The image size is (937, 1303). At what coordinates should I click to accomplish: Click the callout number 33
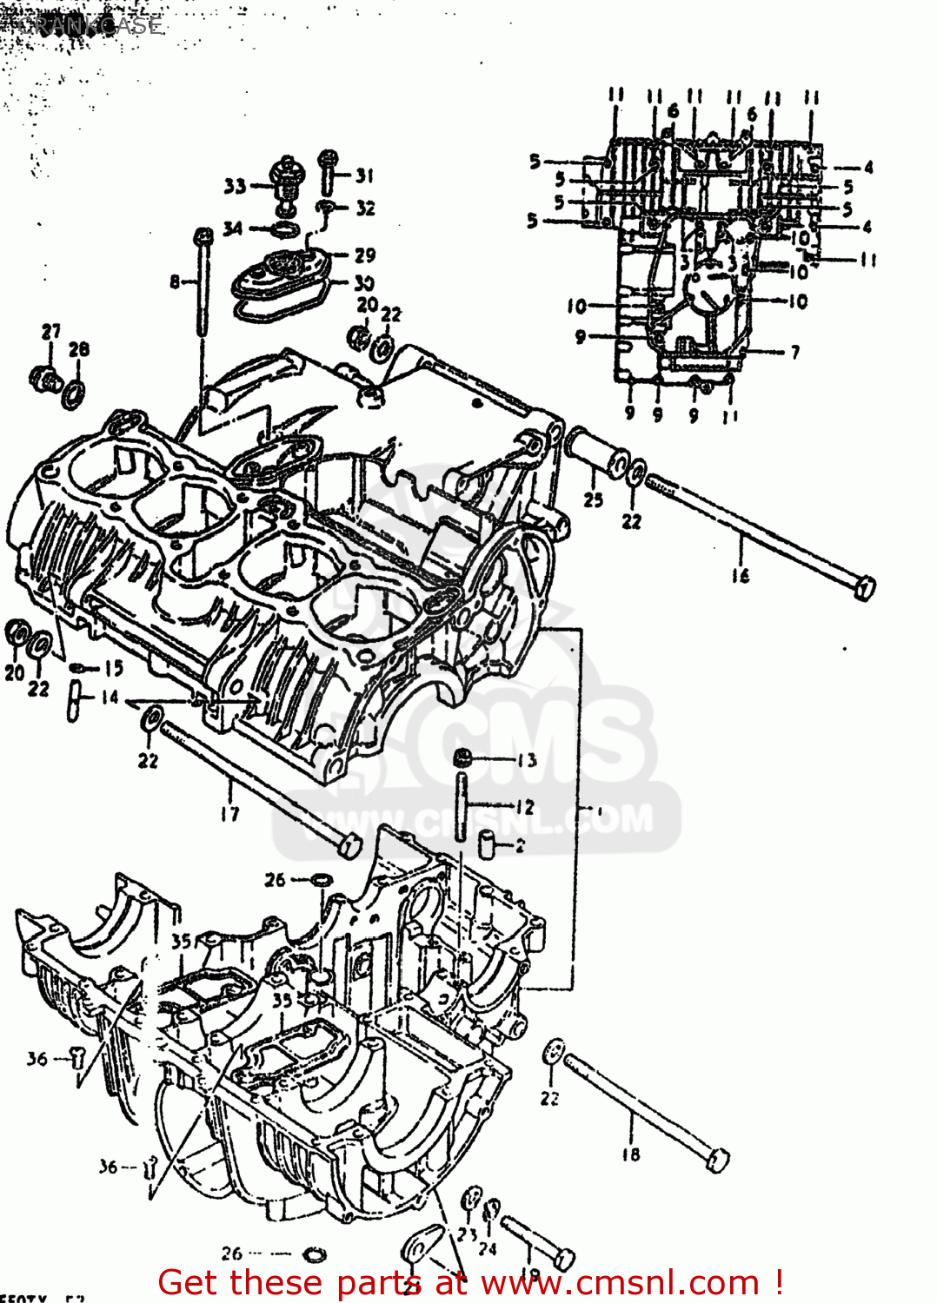click(235, 185)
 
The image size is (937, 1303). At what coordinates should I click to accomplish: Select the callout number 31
click(364, 175)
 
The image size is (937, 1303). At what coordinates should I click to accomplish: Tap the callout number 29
click(365, 255)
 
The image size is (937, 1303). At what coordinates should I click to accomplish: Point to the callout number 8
click(175, 281)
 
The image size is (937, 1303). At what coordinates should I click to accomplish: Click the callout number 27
click(51, 331)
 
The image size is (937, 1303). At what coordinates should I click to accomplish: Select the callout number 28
click(79, 348)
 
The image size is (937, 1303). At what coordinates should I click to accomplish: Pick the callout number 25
click(594, 499)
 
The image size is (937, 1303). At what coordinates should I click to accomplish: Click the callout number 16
click(740, 575)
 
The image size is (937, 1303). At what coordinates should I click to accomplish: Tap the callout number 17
click(229, 813)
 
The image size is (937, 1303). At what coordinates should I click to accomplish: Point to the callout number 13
click(527, 760)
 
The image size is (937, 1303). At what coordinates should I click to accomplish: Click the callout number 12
click(524, 807)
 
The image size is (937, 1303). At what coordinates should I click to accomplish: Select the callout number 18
click(631, 1154)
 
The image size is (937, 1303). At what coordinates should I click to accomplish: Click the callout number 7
click(794, 352)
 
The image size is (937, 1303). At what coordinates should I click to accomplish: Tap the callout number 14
click(110, 697)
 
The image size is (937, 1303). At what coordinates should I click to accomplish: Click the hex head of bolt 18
click(718, 1161)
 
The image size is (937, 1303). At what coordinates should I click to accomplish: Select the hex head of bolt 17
click(349, 845)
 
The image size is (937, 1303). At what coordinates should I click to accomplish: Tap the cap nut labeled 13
click(464, 757)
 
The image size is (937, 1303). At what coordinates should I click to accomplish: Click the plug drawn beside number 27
click(43, 379)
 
